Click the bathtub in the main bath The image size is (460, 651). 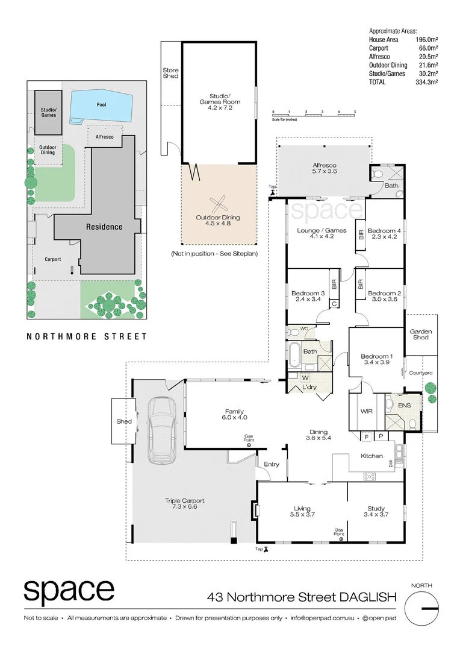294,355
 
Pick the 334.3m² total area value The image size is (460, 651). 426,82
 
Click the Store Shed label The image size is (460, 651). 170,73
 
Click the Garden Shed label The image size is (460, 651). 420,335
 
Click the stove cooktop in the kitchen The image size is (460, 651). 369,476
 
